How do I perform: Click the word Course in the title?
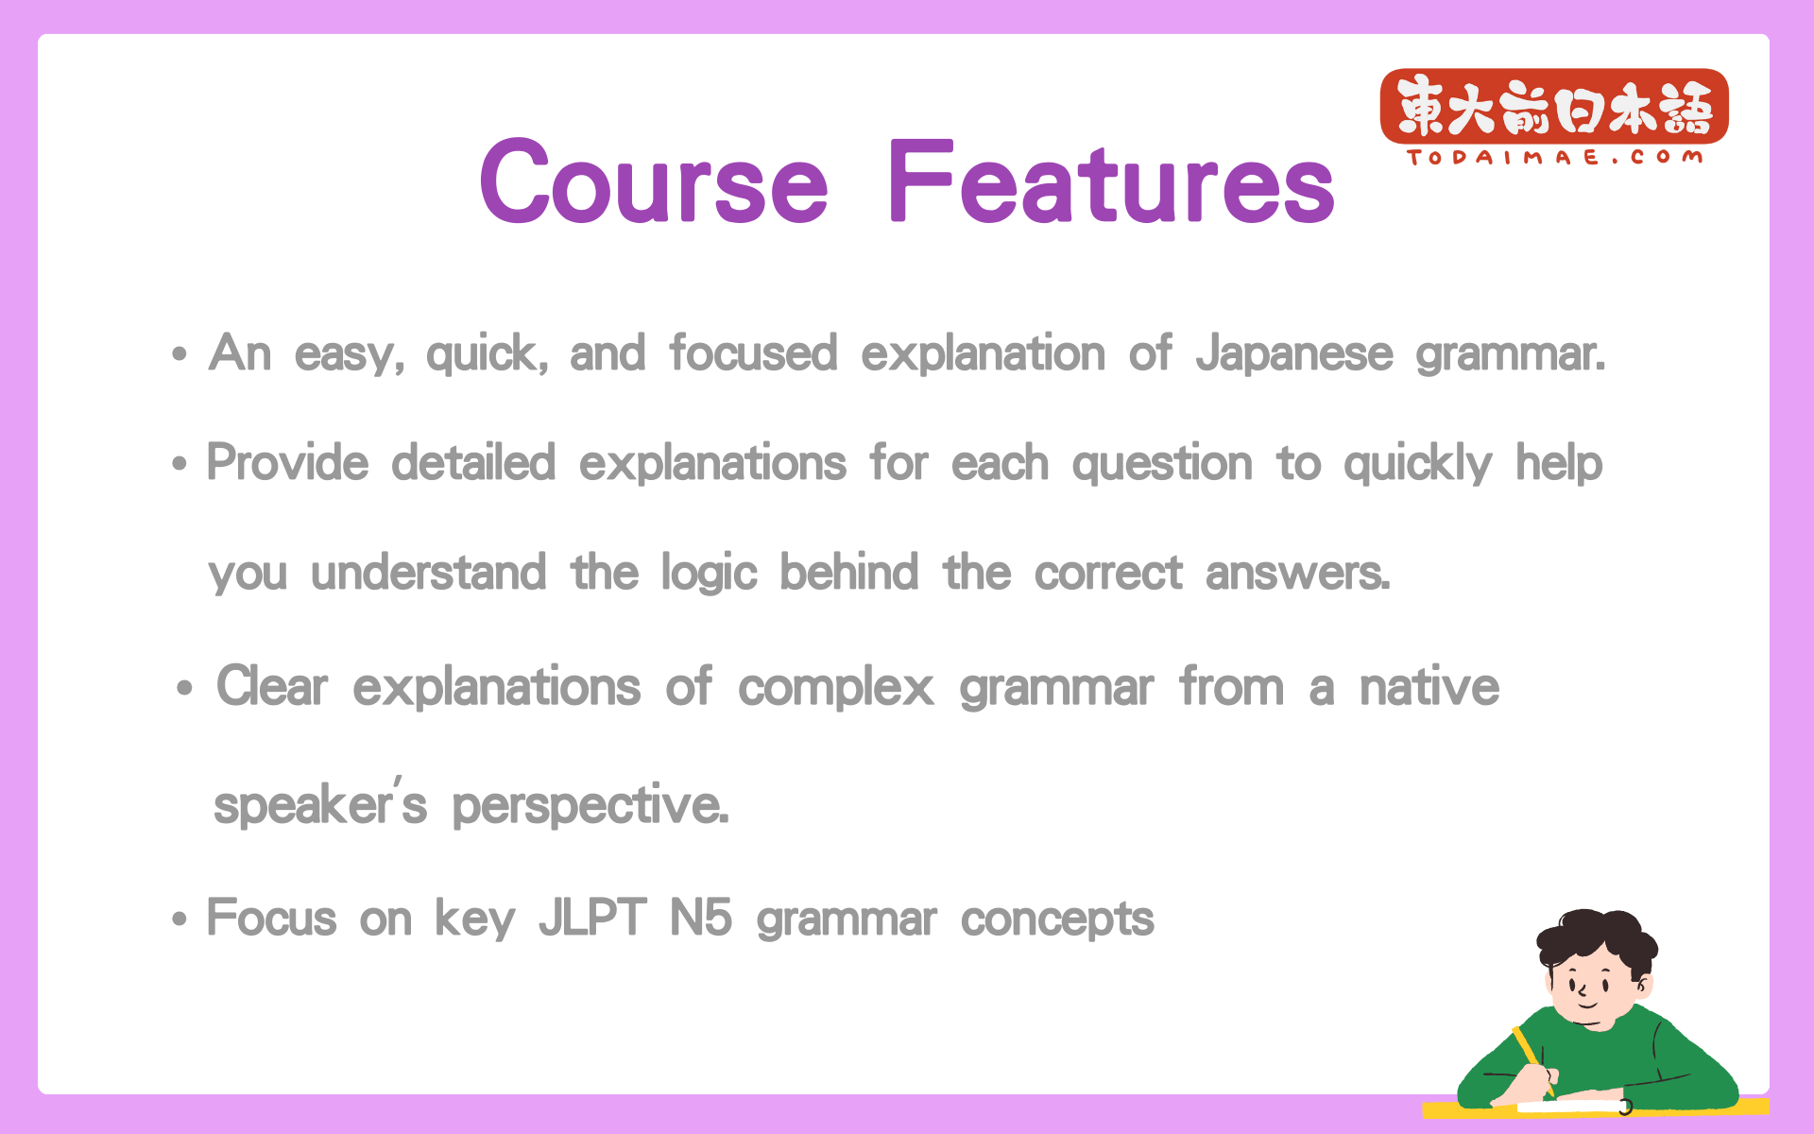(x=654, y=180)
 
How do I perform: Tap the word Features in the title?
(x=1111, y=180)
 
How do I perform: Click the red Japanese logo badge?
(x=1554, y=106)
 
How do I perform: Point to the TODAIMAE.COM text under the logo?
(x=1555, y=157)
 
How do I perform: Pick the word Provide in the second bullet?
(x=288, y=463)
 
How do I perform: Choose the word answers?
(x=1297, y=574)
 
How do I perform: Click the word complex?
(x=836, y=688)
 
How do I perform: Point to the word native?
(x=1429, y=686)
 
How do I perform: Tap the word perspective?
(x=590, y=806)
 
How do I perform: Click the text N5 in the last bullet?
(x=701, y=918)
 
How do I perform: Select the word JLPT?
(x=592, y=918)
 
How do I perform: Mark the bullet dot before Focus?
(x=180, y=919)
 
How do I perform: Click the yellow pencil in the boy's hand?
(x=1532, y=1060)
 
